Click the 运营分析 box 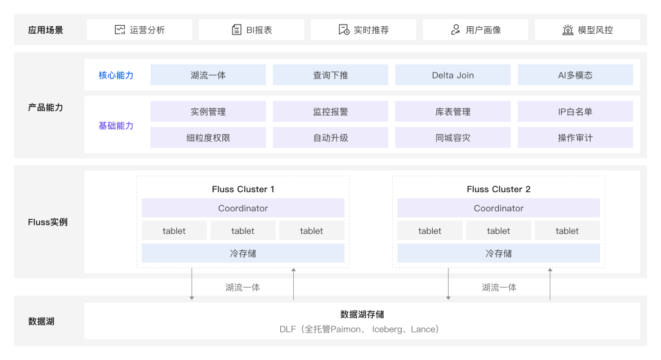tap(140, 29)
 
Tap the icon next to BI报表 tap(236, 29)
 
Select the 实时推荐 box tap(364, 29)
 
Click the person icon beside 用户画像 tap(455, 29)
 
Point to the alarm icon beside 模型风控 tap(568, 29)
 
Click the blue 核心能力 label tap(116, 75)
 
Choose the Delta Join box tap(453, 75)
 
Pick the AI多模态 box tap(575, 75)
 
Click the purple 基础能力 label tap(116, 126)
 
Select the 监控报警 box tap(330, 111)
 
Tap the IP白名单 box tap(575, 111)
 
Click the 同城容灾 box tap(453, 137)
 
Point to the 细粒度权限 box tap(208, 137)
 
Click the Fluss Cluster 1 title tap(243, 189)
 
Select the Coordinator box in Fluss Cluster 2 tap(499, 208)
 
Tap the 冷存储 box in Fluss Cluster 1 tap(243, 253)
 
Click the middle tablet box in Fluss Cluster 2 tap(498, 231)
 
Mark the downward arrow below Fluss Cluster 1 tap(192, 283)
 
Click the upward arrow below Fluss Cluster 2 tap(550, 283)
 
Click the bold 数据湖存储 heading tap(362, 314)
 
